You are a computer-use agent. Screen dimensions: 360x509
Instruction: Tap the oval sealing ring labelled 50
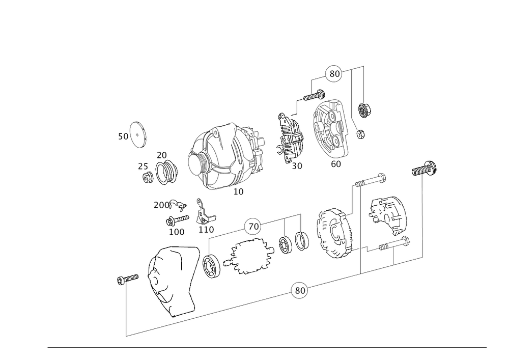pos(137,135)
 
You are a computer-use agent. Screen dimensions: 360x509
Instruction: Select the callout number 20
pos(162,155)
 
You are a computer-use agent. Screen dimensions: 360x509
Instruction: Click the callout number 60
pos(336,164)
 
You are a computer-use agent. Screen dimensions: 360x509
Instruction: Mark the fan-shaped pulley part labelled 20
pos(167,173)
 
